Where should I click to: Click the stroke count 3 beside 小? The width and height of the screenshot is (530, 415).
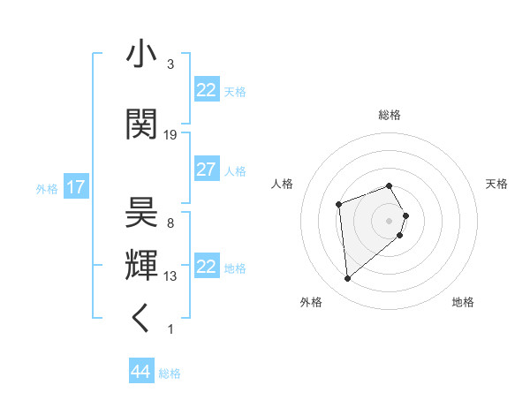tap(170, 64)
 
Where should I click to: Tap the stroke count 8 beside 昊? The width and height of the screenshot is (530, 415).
tap(170, 223)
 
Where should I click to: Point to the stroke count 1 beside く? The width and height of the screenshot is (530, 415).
tap(170, 329)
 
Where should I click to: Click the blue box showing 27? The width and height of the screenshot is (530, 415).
tap(206, 170)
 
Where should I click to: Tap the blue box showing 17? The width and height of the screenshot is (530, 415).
tap(75, 187)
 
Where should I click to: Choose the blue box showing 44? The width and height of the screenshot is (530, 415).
tap(140, 372)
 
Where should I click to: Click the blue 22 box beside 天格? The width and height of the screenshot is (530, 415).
tap(206, 90)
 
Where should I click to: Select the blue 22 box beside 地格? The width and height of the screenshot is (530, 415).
tap(206, 267)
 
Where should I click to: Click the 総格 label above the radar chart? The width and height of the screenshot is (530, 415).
tap(389, 115)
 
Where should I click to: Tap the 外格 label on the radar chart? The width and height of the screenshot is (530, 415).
tap(311, 302)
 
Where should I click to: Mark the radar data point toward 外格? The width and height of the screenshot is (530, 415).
tap(348, 279)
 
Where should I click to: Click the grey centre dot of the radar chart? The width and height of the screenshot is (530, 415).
tap(389, 220)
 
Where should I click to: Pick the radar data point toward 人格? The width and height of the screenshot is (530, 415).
tap(338, 205)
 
